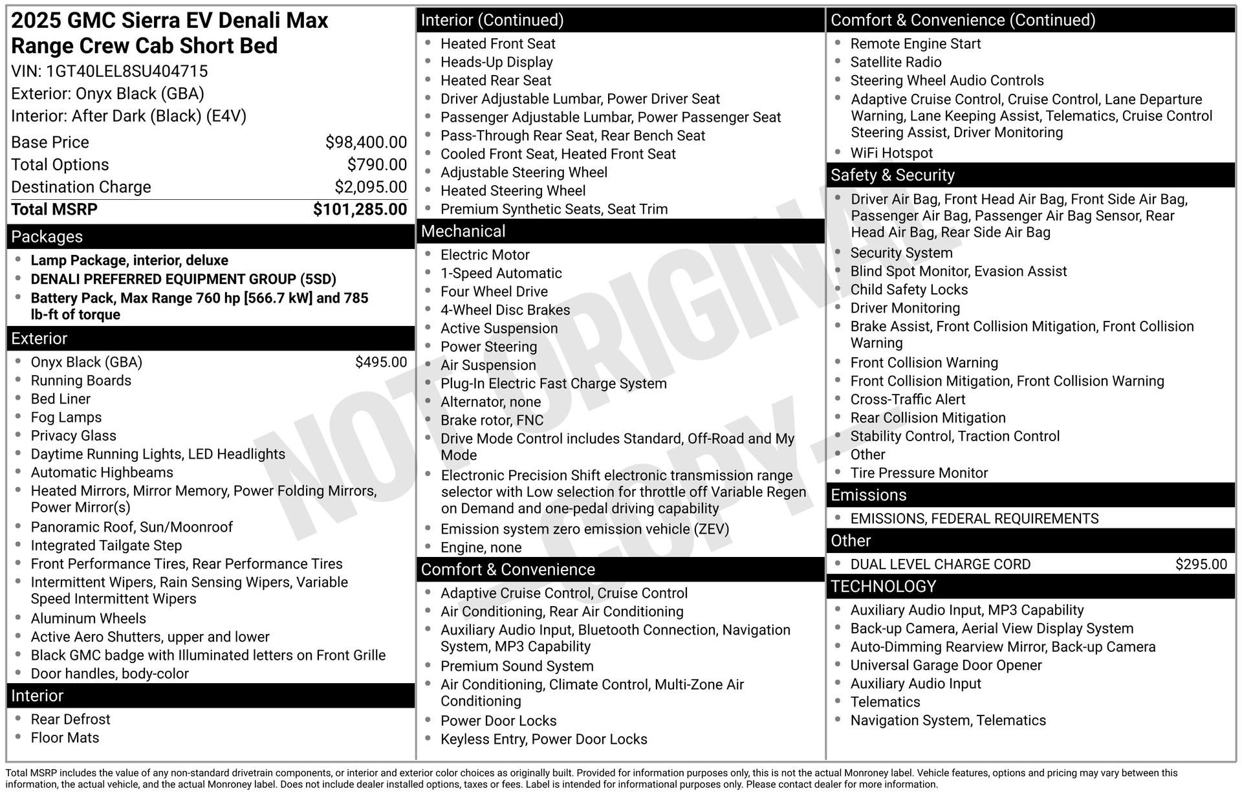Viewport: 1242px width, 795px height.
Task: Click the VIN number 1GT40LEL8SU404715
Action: point(127,71)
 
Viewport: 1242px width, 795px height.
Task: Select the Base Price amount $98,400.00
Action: point(366,142)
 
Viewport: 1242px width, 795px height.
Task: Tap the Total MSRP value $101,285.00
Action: point(360,210)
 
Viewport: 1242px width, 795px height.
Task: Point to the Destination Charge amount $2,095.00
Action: point(371,187)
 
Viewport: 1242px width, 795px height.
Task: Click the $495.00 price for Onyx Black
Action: point(381,362)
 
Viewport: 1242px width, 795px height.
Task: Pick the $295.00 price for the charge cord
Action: point(1201,564)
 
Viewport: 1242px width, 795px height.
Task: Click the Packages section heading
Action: point(47,237)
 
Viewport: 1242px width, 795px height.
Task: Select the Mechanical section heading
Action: point(463,232)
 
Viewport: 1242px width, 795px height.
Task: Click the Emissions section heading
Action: point(868,496)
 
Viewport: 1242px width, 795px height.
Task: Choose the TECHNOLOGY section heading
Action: point(883,587)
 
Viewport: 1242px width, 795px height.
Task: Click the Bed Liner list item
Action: point(61,399)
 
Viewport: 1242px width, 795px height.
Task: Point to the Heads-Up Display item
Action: point(496,62)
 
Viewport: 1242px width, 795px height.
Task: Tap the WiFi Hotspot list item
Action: point(891,153)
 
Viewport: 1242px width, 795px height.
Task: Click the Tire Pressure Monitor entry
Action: point(919,474)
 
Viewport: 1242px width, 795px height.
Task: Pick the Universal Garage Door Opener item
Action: point(946,666)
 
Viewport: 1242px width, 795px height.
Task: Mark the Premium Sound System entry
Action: point(517,666)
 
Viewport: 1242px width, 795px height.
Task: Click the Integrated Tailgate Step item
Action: point(106,546)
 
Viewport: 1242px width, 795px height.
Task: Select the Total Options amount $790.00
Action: point(377,165)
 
